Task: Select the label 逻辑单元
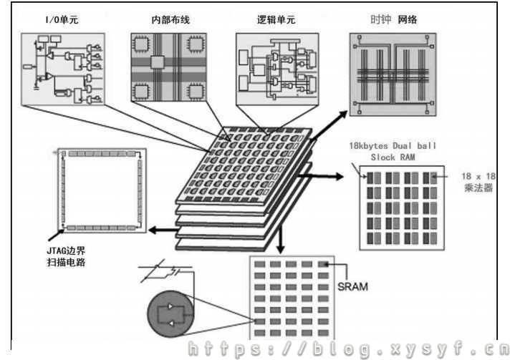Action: point(276,20)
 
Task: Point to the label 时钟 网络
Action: point(393,20)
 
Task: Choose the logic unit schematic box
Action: point(276,72)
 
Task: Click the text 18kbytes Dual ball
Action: point(393,145)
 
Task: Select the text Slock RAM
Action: point(393,157)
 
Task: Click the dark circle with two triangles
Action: point(171,315)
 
